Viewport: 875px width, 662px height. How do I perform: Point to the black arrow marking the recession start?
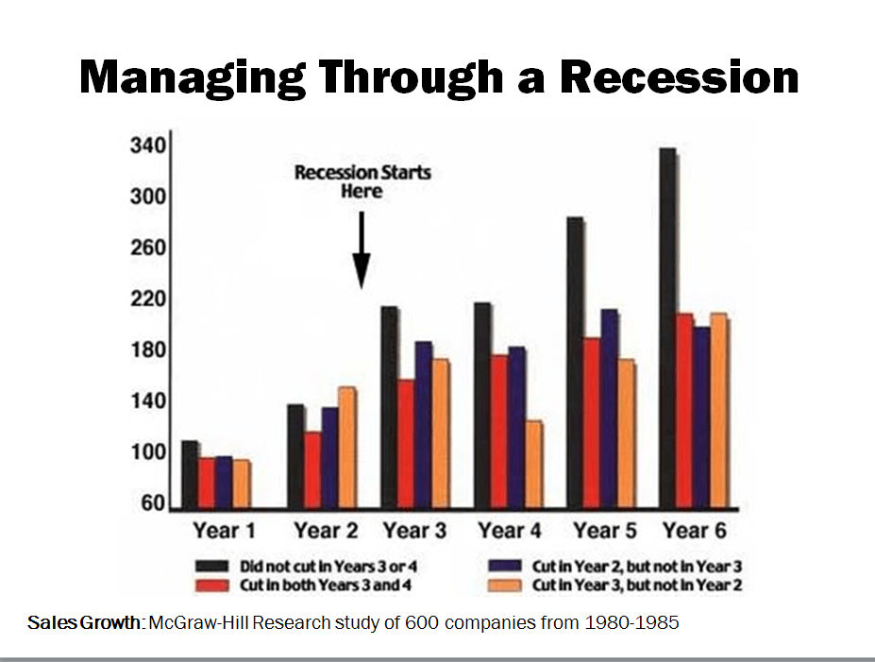pyautogui.click(x=362, y=250)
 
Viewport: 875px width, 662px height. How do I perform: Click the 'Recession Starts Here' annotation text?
pyautogui.click(x=362, y=182)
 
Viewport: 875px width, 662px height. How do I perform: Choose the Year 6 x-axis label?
pyautogui.click(x=694, y=530)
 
